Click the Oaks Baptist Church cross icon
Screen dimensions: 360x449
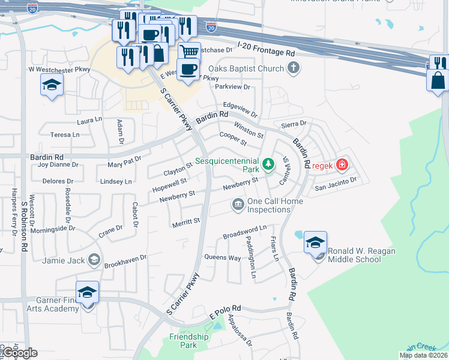pyautogui.click(x=293, y=68)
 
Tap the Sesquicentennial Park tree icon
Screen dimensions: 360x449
pyautogui.click(x=268, y=163)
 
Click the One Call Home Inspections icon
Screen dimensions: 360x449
pyautogui.click(x=238, y=205)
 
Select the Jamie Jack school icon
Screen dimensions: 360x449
pyautogui.click(x=94, y=260)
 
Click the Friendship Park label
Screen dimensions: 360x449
pyautogui.click(x=188, y=341)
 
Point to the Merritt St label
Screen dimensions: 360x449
pyautogui.click(x=186, y=221)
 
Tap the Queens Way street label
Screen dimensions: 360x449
pyautogui.click(x=223, y=258)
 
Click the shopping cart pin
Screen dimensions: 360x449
pyautogui.click(x=189, y=52)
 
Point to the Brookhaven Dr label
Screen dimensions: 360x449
pyautogui.click(x=125, y=259)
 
